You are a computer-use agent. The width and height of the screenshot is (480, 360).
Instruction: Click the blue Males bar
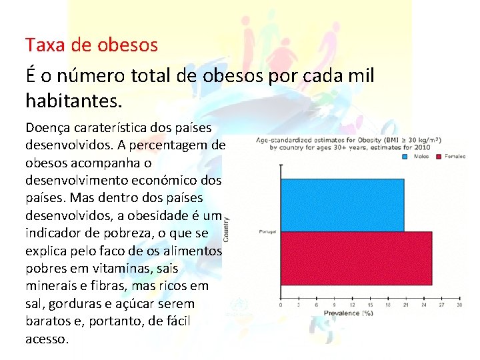pos(342,205)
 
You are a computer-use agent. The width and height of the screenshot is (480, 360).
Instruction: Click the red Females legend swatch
pos(439,157)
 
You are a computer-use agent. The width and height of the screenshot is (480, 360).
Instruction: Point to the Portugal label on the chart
pos(268,232)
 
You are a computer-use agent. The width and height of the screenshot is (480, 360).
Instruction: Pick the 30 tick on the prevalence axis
pos(459,305)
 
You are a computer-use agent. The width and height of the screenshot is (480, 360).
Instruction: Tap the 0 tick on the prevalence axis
pos(281,305)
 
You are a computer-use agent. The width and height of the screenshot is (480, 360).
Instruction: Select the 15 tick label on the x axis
pos(369,305)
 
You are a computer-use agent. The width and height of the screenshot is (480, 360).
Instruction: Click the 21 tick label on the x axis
pos(405,305)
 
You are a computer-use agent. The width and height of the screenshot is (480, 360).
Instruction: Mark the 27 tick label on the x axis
pos(441,305)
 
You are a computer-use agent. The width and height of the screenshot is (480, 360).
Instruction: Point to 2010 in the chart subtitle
pos(422,148)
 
